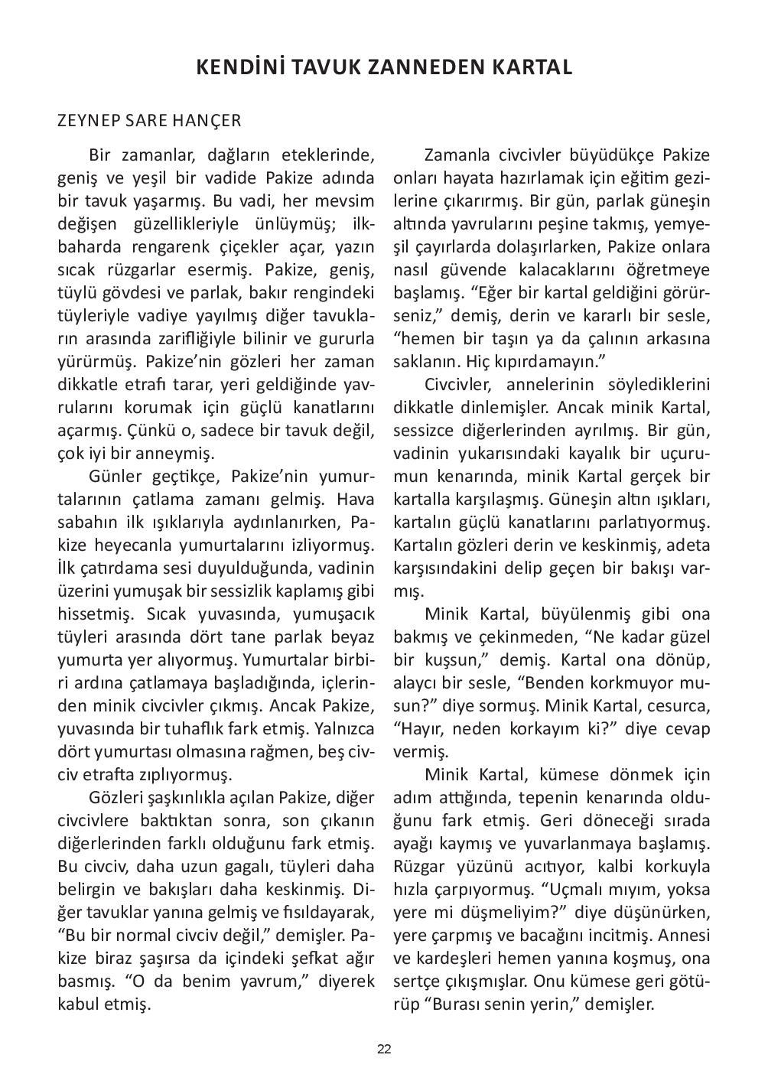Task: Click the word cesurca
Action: (679, 706)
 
